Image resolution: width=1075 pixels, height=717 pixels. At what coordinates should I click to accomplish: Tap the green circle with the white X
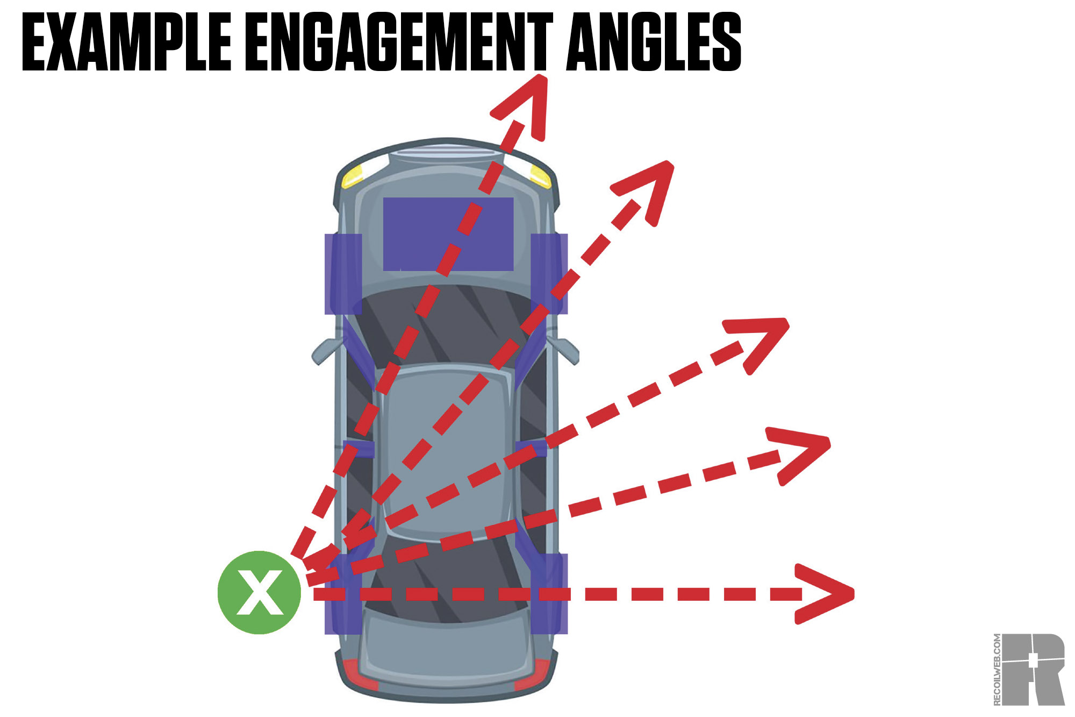pos(259,592)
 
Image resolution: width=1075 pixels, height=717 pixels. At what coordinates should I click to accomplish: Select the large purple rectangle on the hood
pos(448,234)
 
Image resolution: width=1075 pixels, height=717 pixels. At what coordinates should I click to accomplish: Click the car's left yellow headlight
pos(353,176)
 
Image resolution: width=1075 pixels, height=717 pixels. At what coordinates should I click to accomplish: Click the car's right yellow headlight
pos(540,175)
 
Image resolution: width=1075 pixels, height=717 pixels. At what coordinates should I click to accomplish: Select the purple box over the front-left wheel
pos(342,274)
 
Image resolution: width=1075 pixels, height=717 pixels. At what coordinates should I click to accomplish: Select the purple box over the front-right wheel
pos(549,274)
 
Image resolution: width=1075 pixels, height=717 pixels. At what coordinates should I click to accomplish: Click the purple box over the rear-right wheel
pos(549,594)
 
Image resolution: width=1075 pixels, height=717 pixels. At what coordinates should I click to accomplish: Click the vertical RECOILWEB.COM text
pos(997,669)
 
